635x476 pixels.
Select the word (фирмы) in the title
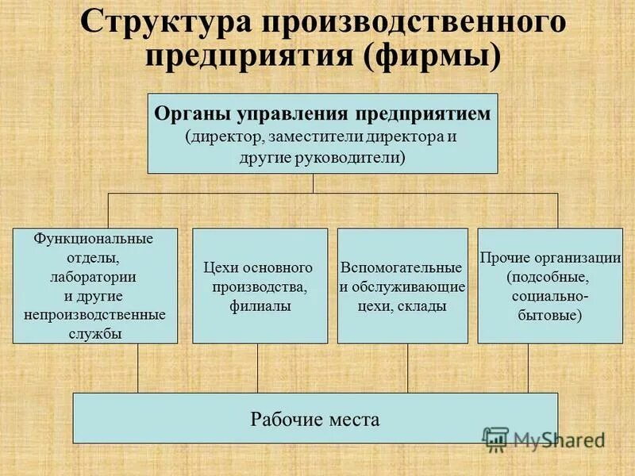coord(446,57)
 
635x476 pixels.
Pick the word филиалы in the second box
coord(260,305)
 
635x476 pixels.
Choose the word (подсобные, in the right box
coord(548,278)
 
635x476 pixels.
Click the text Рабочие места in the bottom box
coord(315,419)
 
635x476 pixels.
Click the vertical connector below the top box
coord(314,183)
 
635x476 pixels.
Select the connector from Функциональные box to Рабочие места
coord(138,368)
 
